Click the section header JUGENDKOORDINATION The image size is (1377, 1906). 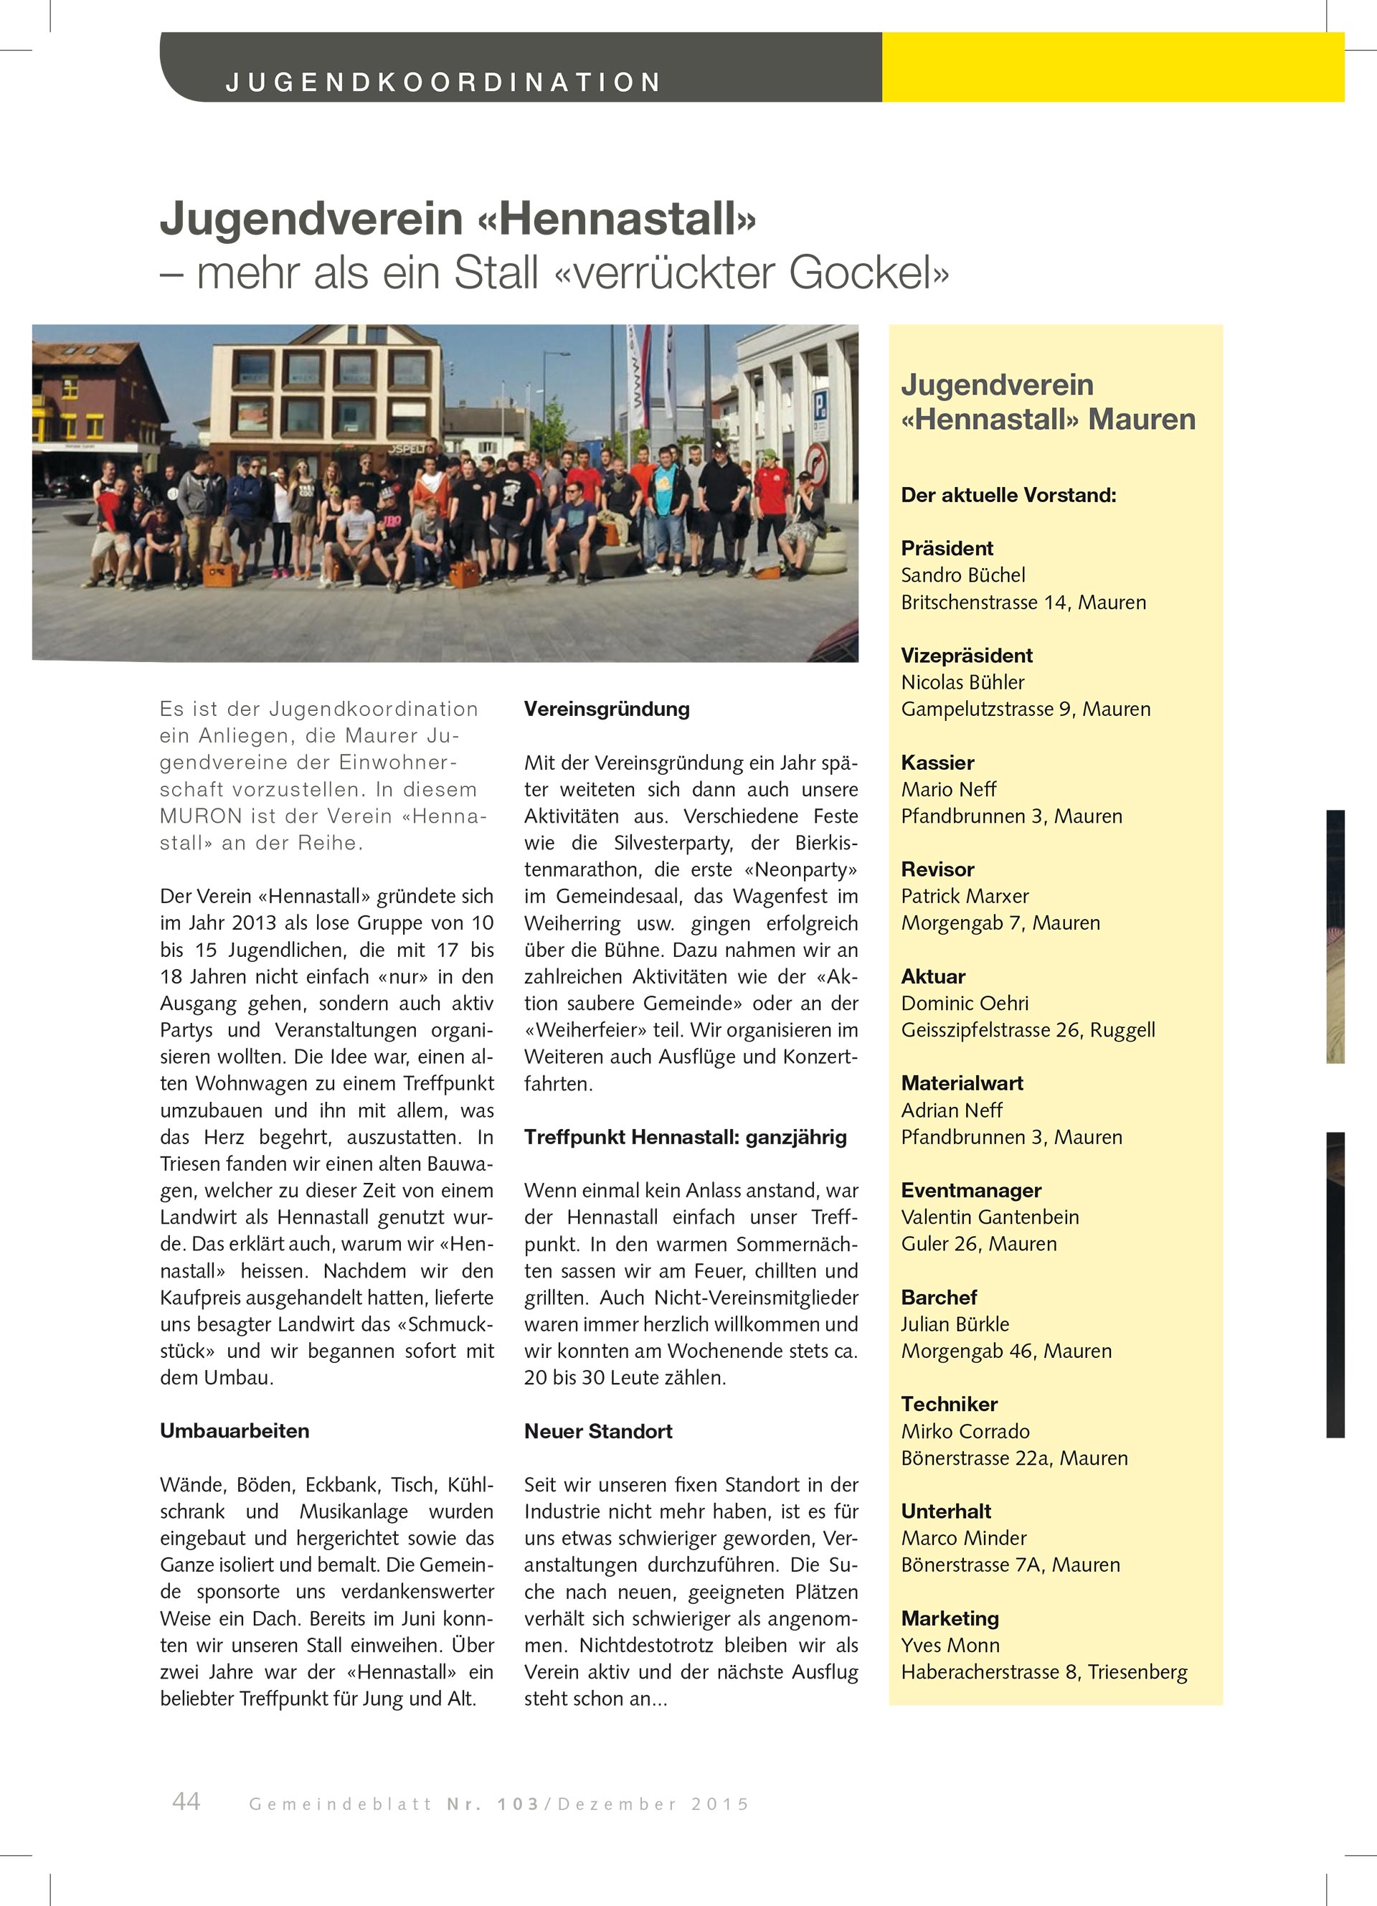[443, 82]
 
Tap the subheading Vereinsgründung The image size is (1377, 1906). [607, 709]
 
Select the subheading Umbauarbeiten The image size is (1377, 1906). [235, 1431]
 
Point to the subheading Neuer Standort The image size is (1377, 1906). [598, 1431]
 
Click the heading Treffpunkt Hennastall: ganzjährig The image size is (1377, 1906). [686, 1137]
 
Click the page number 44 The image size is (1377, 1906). [186, 1801]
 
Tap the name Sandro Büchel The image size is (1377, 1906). [962, 575]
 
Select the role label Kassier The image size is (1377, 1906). [937, 763]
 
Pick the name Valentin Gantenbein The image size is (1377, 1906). [990, 1217]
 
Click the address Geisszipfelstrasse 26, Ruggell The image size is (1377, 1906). [1028, 1030]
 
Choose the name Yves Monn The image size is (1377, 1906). [950, 1646]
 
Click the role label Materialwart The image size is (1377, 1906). [962, 1083]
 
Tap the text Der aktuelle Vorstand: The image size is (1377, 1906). [1008, 495]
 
